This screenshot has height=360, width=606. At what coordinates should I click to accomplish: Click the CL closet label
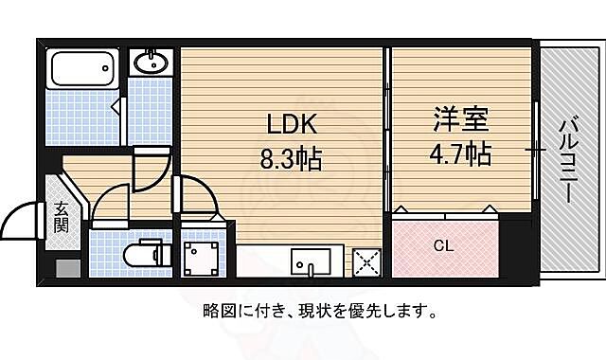(443, 245)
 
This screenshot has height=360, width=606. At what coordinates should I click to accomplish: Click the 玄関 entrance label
(61, 217)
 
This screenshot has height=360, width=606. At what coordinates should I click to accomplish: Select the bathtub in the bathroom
(83, 67)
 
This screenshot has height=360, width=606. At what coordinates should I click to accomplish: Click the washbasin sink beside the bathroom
(151, 63)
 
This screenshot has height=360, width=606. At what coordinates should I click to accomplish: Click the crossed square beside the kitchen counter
(365, 261)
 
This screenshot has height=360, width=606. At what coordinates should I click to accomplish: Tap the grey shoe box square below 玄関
(67, 267)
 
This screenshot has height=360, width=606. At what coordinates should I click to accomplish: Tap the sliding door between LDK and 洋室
(386, 133)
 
